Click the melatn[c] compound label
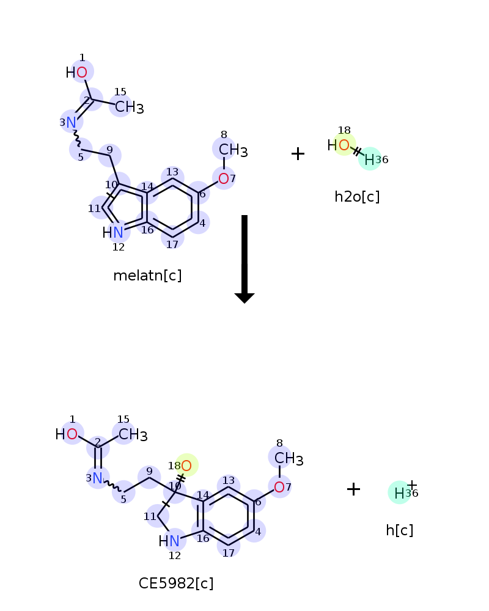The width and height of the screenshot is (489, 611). tap(147, 276)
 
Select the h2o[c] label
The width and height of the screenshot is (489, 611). tap(357, 196)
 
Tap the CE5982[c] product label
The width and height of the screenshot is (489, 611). tap(176, 584)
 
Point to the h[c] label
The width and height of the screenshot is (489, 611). tap(399, 530)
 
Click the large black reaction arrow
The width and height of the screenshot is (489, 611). tap(244, 259)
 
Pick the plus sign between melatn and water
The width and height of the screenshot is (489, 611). tap(298, 153)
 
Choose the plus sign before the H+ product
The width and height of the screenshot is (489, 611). tap(353, 489)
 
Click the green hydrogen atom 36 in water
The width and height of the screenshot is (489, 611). tap(369, 159)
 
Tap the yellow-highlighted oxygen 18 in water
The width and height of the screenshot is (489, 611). tap(344, 145)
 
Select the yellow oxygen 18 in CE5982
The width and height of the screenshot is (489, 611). tap(186, 465)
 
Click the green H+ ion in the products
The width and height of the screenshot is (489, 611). tap(399, 493)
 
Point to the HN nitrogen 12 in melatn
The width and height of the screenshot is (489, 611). tap(118, 232)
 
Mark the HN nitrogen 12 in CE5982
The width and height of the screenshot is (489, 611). tap(174, 541)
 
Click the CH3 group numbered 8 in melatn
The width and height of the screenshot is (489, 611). tap(233, 150)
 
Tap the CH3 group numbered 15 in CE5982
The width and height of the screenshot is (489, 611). tap(133, 434)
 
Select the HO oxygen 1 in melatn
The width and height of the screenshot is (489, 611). tap(82, 72)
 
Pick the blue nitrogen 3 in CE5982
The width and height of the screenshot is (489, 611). tap(97, 478)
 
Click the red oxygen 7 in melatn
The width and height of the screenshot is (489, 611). tap(224, 178)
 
